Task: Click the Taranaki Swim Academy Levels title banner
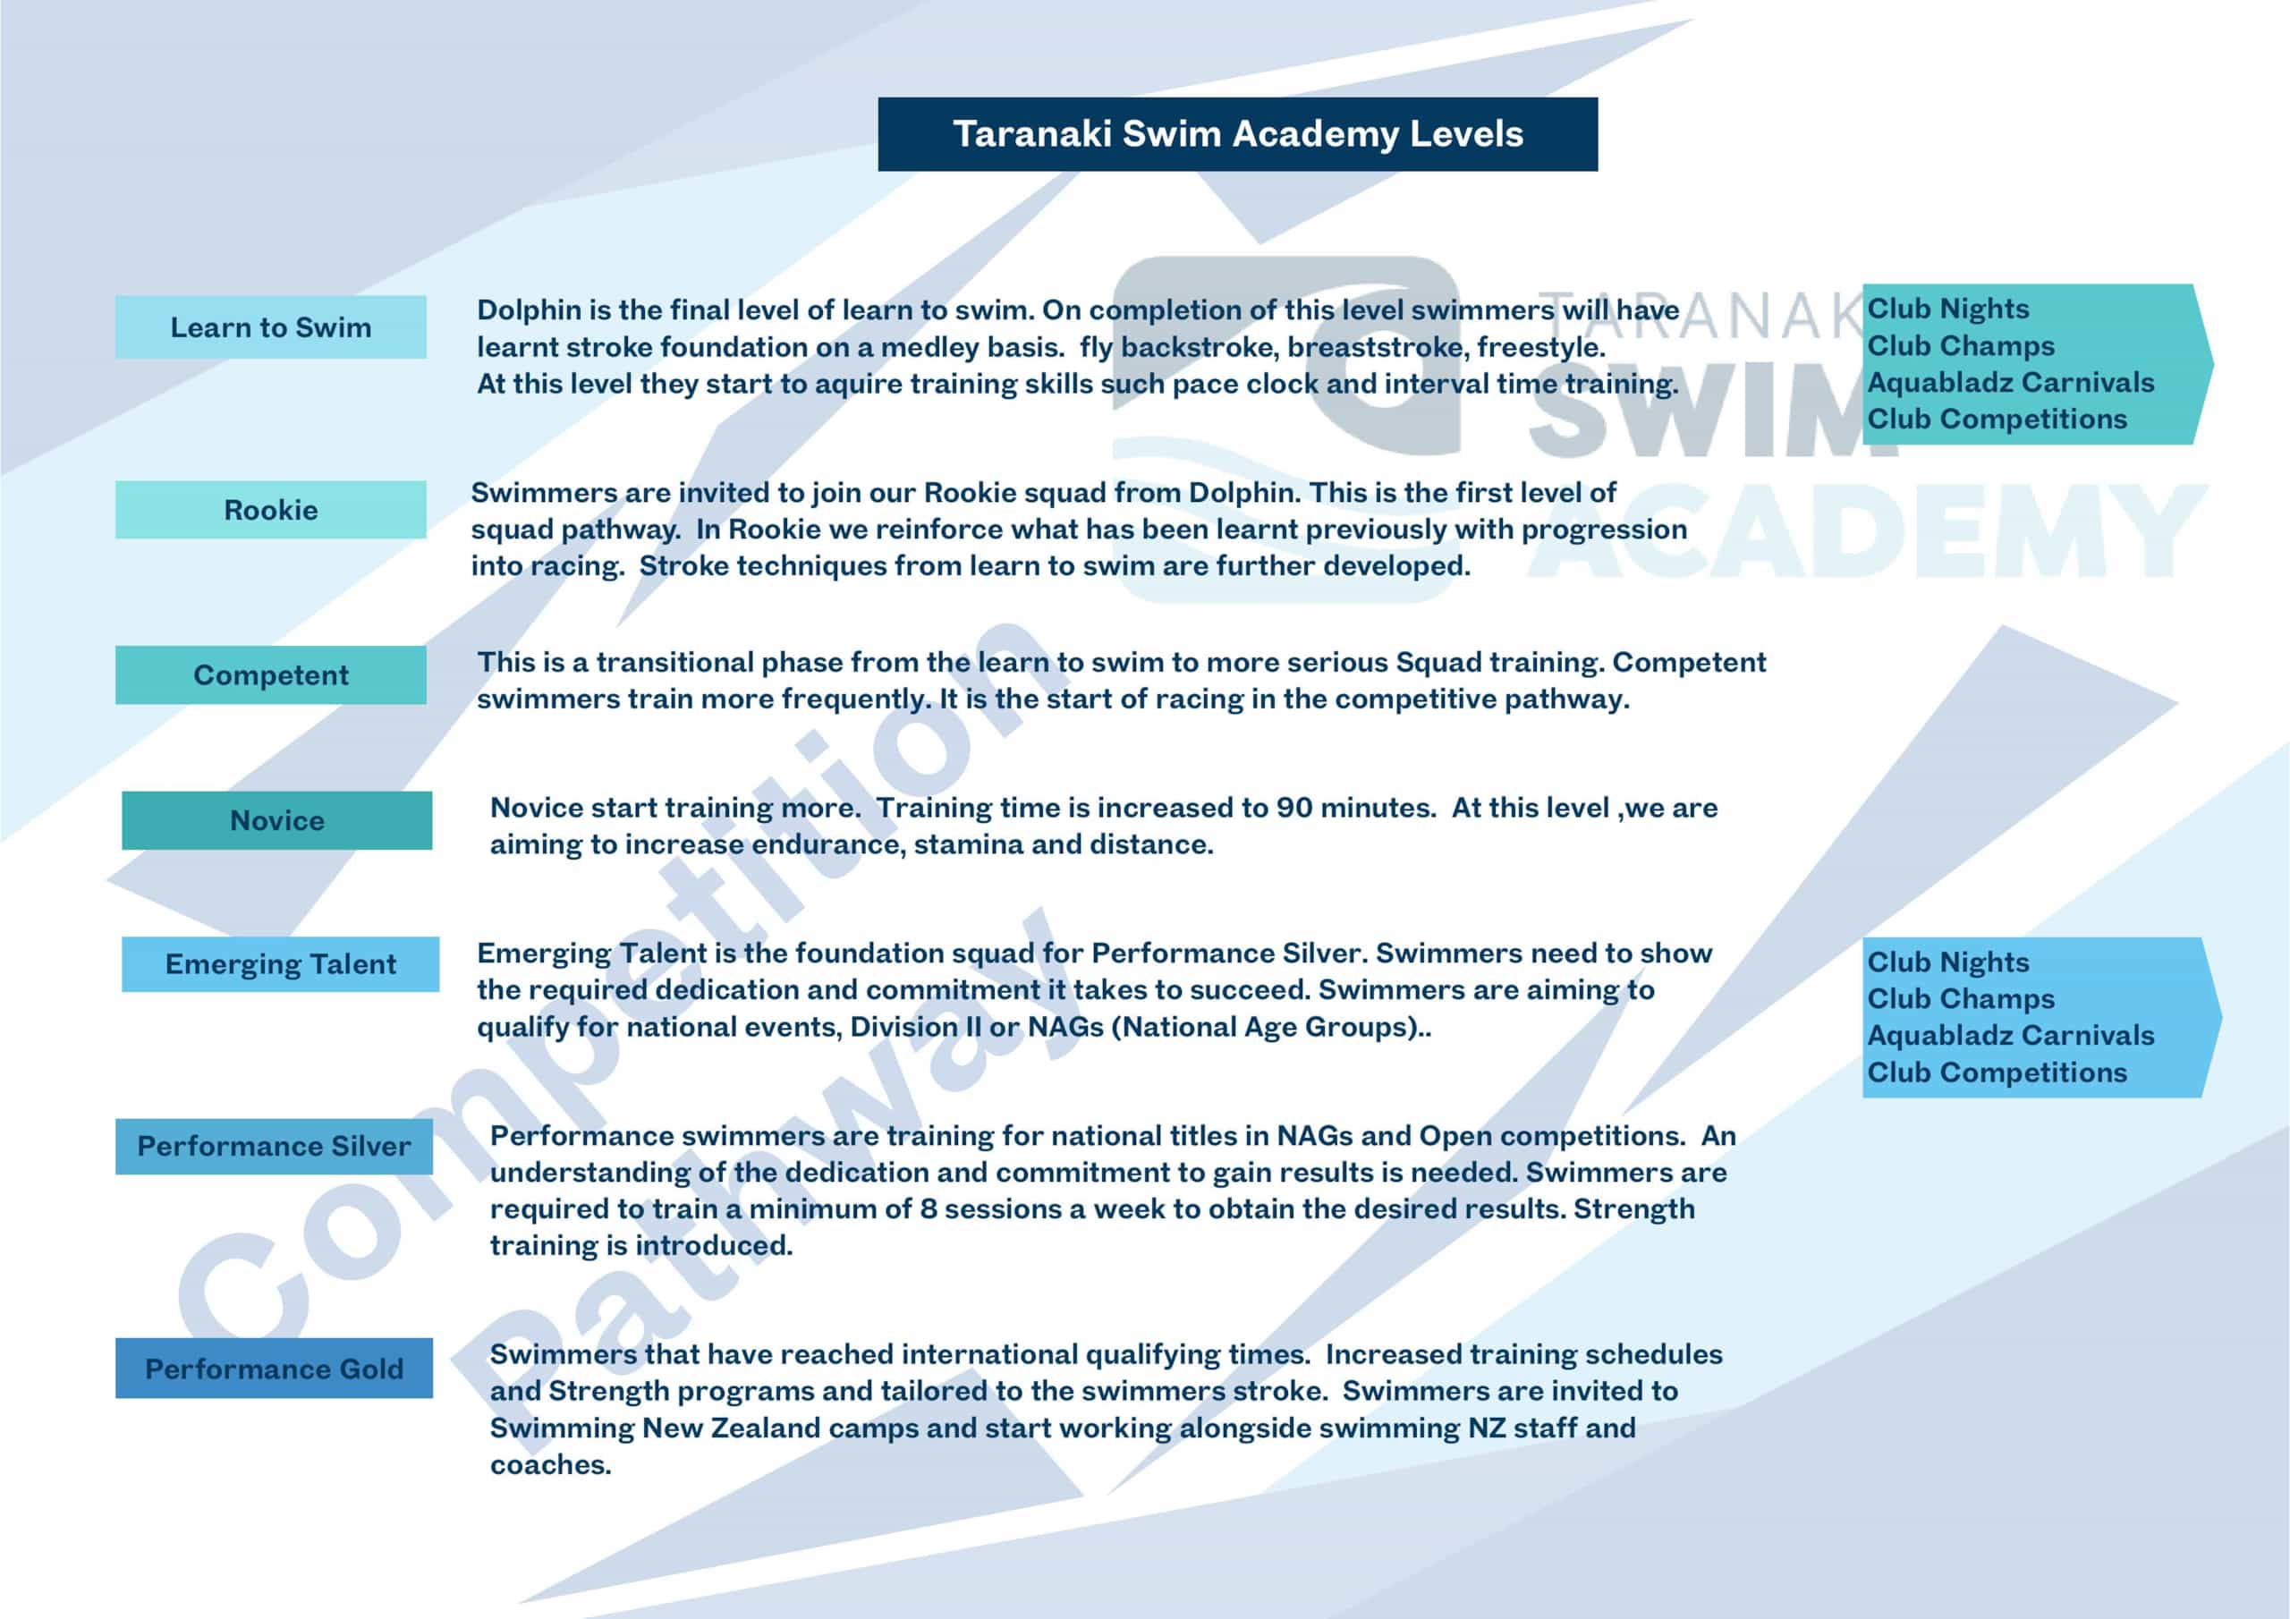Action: click(x=1237, y=133)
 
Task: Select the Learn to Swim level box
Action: click(x=270, y=327)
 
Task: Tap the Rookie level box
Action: click(x=270, y=510)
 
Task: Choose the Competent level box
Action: click(x=270, y=675)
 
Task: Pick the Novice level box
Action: click(x=277, y=821)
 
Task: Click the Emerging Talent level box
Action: click(x=280, y=964)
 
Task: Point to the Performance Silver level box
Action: click(x=275, y=1146)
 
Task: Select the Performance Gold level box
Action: click(x=275, y=1369)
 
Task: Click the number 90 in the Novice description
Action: click(x=1293, y=808)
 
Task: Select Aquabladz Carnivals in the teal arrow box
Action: click(x=2010, y=383)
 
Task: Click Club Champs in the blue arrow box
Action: click(x=1960, y=999)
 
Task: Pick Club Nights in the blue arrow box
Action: click(x=1948, y=962)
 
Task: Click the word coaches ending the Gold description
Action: click(x=549, y=1465)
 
